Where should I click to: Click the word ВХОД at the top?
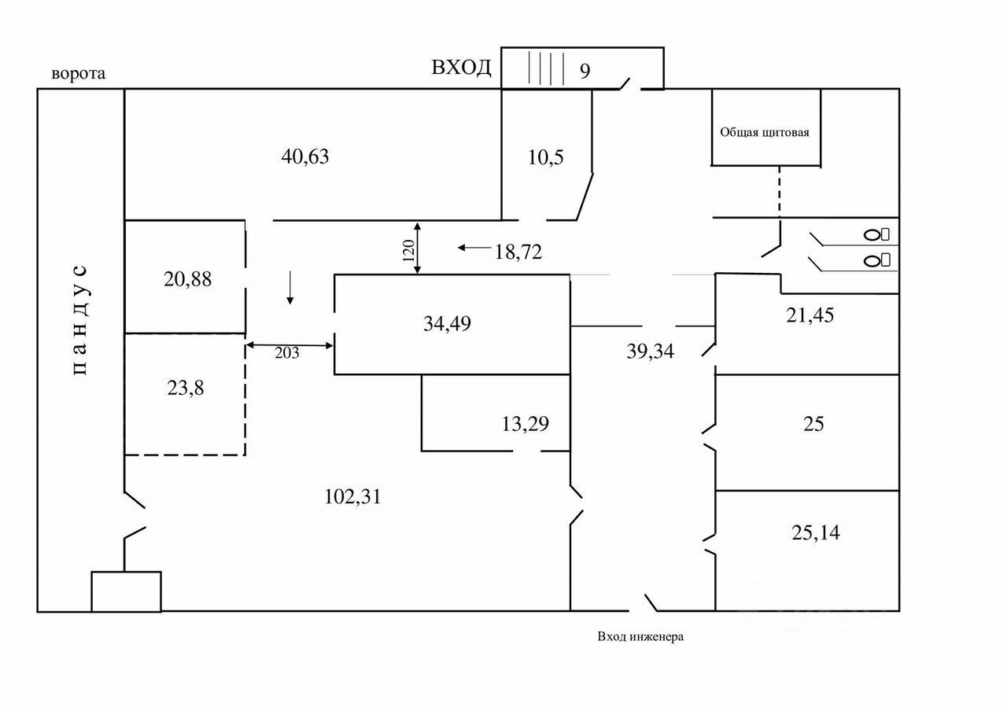[461, 67]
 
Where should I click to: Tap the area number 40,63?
[304, 157]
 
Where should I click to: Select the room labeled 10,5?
[545, 157]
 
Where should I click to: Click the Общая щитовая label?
[765, 132]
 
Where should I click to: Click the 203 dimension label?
[286, 353]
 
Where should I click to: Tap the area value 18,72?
[518, 252]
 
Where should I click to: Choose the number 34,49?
[447, 322]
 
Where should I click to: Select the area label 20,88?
[187, 278]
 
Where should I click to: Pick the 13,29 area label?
[525, 424]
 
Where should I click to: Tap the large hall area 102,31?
[352, 496]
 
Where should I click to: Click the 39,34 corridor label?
[650, 351]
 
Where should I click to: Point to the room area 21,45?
[810, 315]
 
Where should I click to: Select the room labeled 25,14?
[815, 533]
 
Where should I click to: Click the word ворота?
[79, 74]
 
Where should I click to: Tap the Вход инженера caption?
[640, 636]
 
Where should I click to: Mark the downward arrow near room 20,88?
[290, 287]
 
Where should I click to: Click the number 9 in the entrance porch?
[585, 71]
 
